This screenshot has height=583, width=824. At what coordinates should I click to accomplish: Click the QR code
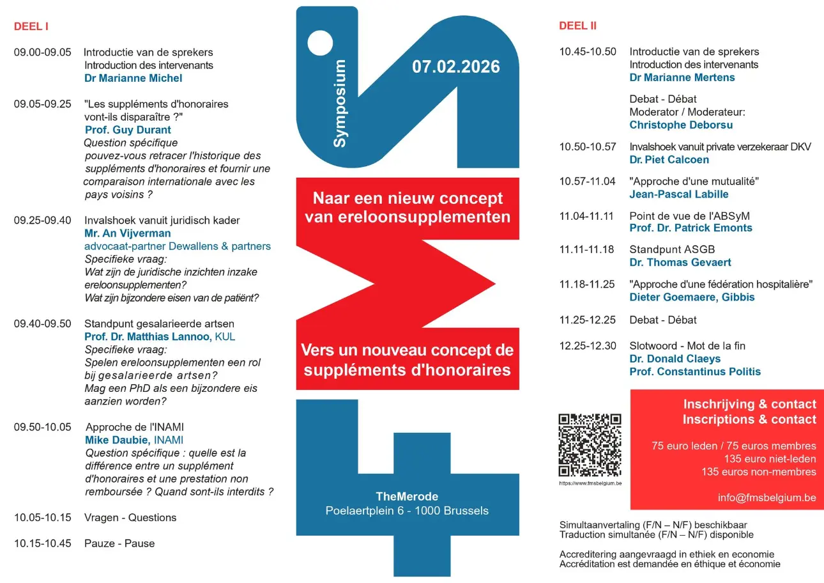590,445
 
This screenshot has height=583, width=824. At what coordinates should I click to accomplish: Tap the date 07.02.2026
455,66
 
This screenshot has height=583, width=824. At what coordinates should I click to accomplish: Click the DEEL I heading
31,26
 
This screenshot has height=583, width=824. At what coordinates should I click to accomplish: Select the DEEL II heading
577,26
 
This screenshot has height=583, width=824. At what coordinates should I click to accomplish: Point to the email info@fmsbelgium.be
767,498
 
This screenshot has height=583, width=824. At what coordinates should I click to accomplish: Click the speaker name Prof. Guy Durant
128,130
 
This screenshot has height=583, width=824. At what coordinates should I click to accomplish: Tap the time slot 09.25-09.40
43,221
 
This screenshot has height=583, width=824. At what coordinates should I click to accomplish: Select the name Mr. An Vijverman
128,233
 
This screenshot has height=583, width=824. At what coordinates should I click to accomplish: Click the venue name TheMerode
407,497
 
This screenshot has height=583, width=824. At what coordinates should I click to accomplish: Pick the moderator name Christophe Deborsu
681,125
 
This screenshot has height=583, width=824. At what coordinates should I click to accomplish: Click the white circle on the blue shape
320,43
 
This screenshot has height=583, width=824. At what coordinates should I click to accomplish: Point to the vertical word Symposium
340,104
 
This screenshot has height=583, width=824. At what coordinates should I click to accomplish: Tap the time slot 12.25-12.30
588,346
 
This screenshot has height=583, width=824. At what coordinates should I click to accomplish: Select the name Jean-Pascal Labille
678,194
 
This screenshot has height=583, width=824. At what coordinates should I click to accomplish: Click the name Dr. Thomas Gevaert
680,262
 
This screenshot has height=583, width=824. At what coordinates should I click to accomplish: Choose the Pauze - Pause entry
119,543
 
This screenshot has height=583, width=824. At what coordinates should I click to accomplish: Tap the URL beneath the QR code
590,483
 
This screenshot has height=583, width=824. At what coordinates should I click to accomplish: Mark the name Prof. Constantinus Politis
695,371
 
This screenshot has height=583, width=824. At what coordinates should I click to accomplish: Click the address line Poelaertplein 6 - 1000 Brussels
407,511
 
